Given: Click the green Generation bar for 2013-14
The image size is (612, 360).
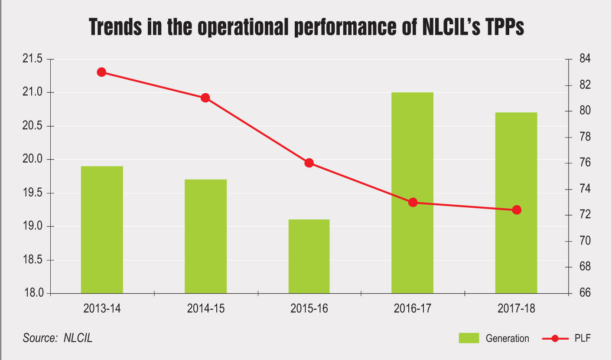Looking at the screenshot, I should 102,230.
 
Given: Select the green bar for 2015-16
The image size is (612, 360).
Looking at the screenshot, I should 309,256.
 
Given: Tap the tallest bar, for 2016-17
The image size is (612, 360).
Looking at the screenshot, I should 412,193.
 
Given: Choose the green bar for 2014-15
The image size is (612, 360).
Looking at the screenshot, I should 205,236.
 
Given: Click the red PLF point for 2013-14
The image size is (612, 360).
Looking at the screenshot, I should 102,72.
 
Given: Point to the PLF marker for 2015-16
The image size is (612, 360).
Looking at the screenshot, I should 309,163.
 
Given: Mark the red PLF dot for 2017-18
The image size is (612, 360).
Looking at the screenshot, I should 517,210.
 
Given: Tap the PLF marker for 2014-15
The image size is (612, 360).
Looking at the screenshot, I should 205,98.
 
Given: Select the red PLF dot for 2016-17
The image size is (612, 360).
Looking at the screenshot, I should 413,202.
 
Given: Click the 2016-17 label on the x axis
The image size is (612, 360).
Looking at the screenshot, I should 413,309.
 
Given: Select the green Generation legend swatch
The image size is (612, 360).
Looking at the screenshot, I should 469,338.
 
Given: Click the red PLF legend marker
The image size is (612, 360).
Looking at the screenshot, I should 555,338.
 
